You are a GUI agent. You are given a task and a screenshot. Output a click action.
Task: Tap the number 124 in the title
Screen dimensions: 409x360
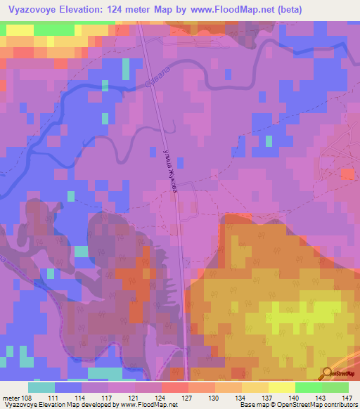pos(135,9)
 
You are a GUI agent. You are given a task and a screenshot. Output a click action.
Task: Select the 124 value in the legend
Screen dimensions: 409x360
pos(161,398)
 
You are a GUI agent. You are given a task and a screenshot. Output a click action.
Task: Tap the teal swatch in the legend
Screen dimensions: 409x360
pos(41,387)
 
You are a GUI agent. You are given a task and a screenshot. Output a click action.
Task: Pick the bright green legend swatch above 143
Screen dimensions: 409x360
pos(308,387)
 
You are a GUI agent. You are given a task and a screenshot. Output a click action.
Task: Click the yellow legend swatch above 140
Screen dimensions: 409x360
pos(281,387)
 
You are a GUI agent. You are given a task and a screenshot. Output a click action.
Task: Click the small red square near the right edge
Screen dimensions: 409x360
pos(347,173)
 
